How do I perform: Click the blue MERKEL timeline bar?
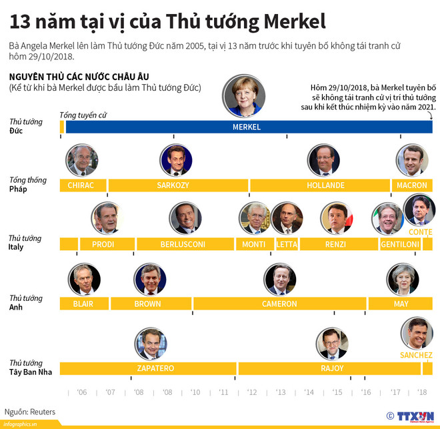(x=247, y=127)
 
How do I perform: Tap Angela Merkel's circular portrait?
(x=244, y=96)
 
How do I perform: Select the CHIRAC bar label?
(x=81, y=185)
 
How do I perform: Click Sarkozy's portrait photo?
(x=176, y=160)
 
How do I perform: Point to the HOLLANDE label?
(x=326, y=185)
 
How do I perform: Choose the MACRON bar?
(x=411, y=185)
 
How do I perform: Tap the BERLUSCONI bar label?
(x=183, y=244)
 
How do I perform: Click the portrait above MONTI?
(x=254, y=218)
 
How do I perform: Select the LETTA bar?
(x=287, y=244)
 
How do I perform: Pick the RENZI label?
(x=335, y=244)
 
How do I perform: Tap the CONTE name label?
(x=420, y=232)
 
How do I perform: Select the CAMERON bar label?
(x=279, y=304)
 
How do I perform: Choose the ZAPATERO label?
(x=155, y=368)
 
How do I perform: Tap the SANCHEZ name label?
(x=416, y=355)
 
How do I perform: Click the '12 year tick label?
(x=252, y=392)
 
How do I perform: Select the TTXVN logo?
(x=414, y=415)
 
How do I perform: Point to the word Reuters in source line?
(x=41, y=412)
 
